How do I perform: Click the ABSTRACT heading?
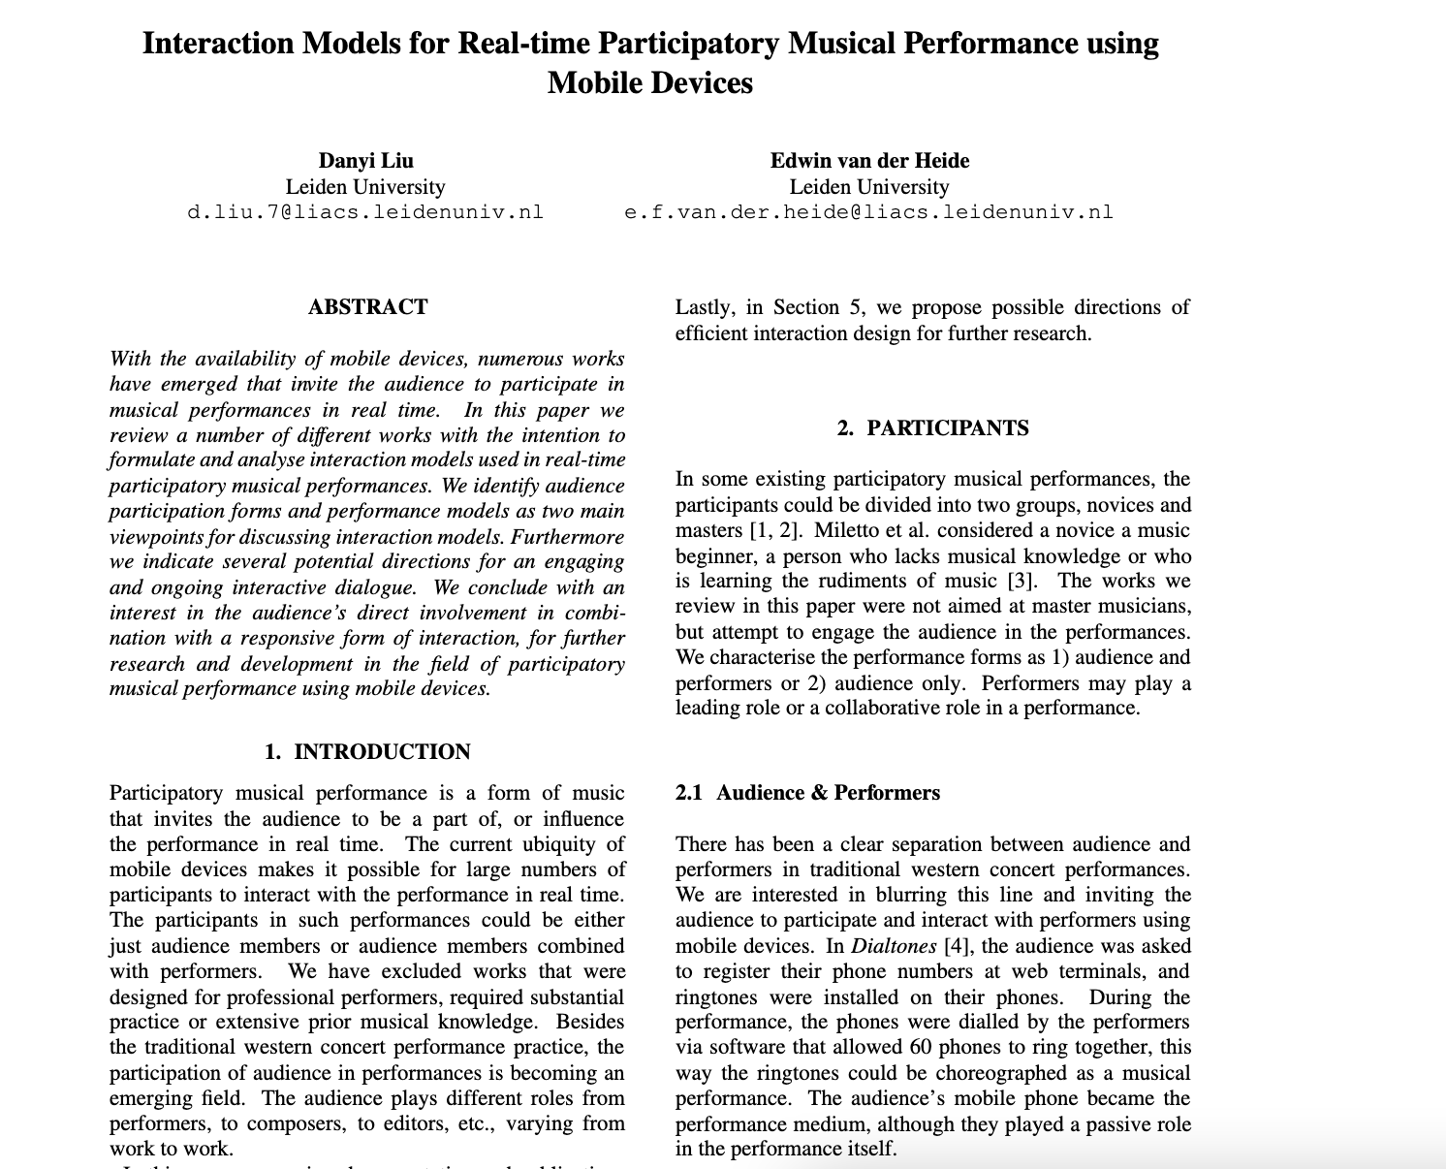[367, 307]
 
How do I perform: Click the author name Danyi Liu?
[365, 161]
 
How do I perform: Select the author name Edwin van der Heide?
[869, 161]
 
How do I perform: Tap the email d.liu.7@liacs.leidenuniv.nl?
[365, 212]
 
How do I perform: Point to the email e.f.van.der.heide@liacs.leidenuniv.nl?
[869, 212]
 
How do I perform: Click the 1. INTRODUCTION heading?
[367, 752]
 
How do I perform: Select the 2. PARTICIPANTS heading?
[932, 428]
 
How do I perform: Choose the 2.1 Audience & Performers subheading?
[807, 793]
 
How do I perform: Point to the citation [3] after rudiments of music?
[1021, 581]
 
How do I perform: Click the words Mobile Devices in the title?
[649, 82]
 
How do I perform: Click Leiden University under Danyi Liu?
[365, 187]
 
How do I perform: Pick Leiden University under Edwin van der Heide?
[869, 187]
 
